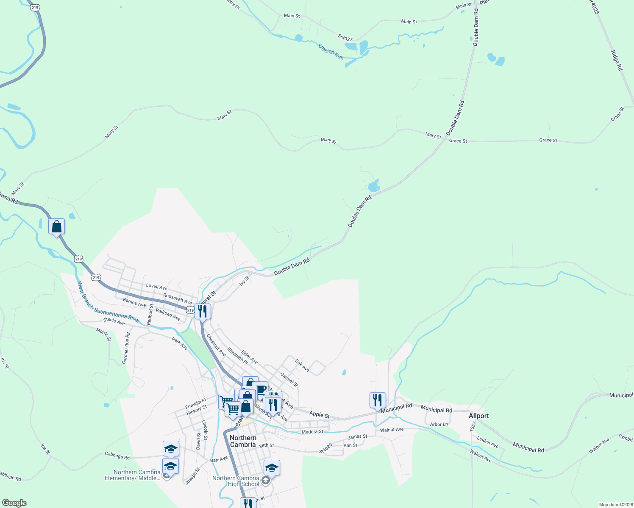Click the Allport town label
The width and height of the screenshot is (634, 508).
click(x=478, y=416)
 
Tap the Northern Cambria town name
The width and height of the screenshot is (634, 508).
click(x=243, y=441)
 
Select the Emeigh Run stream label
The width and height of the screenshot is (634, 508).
click(x=331, y=52)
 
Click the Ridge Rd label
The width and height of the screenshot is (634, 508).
click(x=617, y=61)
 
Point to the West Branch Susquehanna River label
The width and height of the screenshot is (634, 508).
click(x=108, y=302)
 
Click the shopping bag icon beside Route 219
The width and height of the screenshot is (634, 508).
click(x=57, y=227)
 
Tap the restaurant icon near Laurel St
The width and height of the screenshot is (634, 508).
click(x=203, y=312)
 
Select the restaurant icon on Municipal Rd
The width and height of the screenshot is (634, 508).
click(x=378, y=400)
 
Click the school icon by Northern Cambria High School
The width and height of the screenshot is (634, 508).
click(x=272, y=468)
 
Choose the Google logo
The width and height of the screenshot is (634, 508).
click(x=14, y=503)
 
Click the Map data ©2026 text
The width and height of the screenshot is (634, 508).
click(x=615, y=505)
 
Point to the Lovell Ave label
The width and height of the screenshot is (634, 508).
click(x=156, y=287)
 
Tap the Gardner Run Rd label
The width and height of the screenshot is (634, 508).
click(x=126, y=348)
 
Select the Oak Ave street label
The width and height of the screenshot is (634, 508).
click(x=302, y=366)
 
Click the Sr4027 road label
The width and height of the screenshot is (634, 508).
click(x=345, y=38)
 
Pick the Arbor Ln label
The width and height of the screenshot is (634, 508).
click(x=439, y=424)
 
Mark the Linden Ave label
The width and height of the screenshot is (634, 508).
click(x=487, y=442)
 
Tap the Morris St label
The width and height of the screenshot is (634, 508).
click(x=103, y=334)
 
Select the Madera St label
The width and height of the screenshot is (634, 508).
click(x=312, y=432)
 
